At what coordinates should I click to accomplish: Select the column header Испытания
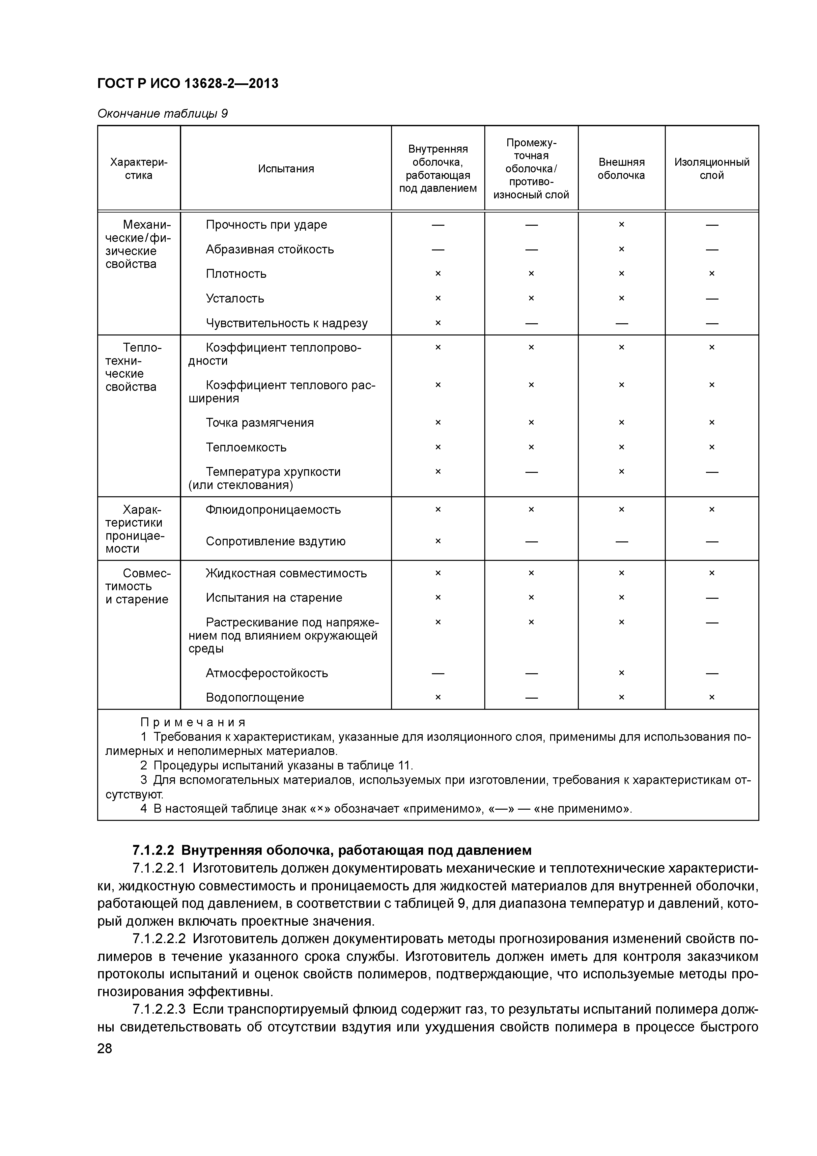point(286,169)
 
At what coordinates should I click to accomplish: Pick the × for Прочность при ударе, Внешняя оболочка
point(621,224)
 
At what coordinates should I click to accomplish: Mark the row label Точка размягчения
point(260,423)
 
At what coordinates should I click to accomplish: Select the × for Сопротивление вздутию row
point(437,541)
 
